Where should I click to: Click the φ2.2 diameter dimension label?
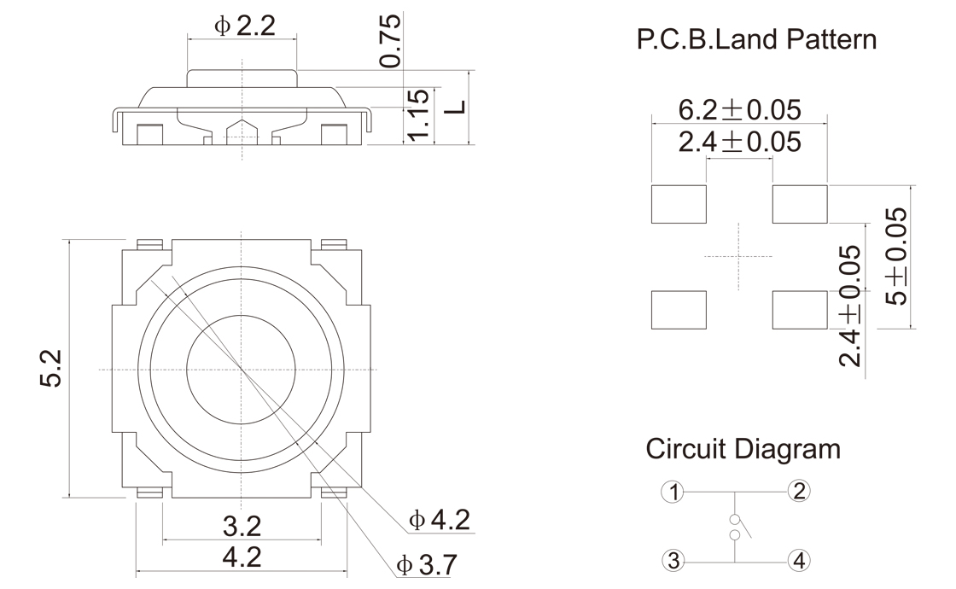click(x=244, y=26)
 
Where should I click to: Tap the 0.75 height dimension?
click(x=390, y=42)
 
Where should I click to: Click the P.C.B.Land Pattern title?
click(x=756, y=39)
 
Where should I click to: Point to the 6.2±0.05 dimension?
click(x=739, y=110)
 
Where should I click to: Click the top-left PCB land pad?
click(x=679, y=204)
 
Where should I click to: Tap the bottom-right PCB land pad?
click(x=800, y=310)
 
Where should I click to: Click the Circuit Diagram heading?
click(x=743, y=448)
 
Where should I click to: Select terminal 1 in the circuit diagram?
click(x=674, y=492)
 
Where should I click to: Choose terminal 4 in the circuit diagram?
click(x=799, y=561)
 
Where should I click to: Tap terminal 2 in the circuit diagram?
click(x=799, y=491)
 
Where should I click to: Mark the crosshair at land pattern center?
click(x=738, y=256)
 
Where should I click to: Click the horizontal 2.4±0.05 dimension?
click(x=739, y=143)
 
